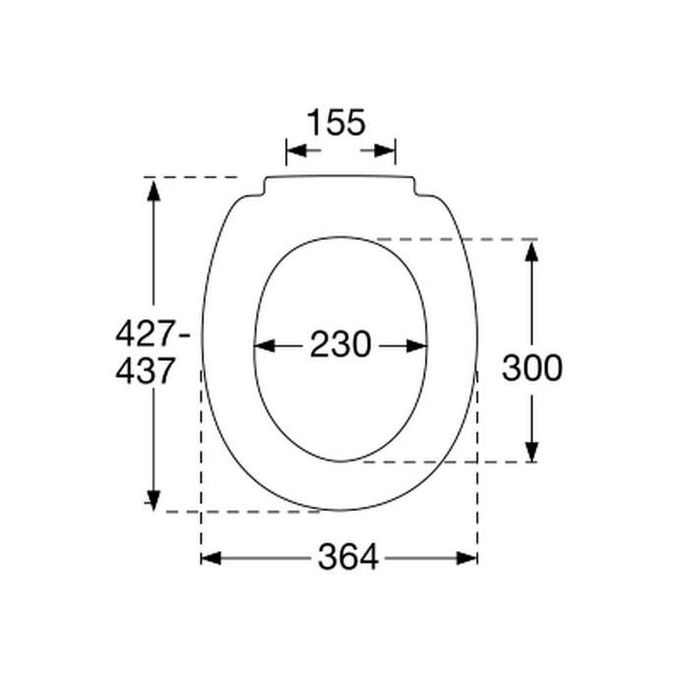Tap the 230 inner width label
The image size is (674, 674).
tap(340, 345)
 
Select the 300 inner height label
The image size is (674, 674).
tap(531, 368)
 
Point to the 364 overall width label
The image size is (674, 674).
tap(347, 558)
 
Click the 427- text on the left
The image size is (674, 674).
tap(153, 335)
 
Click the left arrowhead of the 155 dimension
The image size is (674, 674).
tap(295, 152)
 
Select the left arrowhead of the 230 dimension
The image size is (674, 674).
tap(264, 345)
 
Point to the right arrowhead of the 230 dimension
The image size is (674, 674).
tap(417, 345)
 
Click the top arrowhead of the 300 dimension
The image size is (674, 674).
tap(531, 250)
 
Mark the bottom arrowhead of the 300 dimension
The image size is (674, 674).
tap(531, 452)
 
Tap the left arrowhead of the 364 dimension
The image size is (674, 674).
tap(211, 558)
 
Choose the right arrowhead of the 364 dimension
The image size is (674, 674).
tap(468, 558)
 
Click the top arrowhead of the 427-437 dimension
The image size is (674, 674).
tap(153, 188)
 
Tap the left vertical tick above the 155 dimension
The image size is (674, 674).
tap(285, 152)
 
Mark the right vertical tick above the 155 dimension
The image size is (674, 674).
tap(396, 152)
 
